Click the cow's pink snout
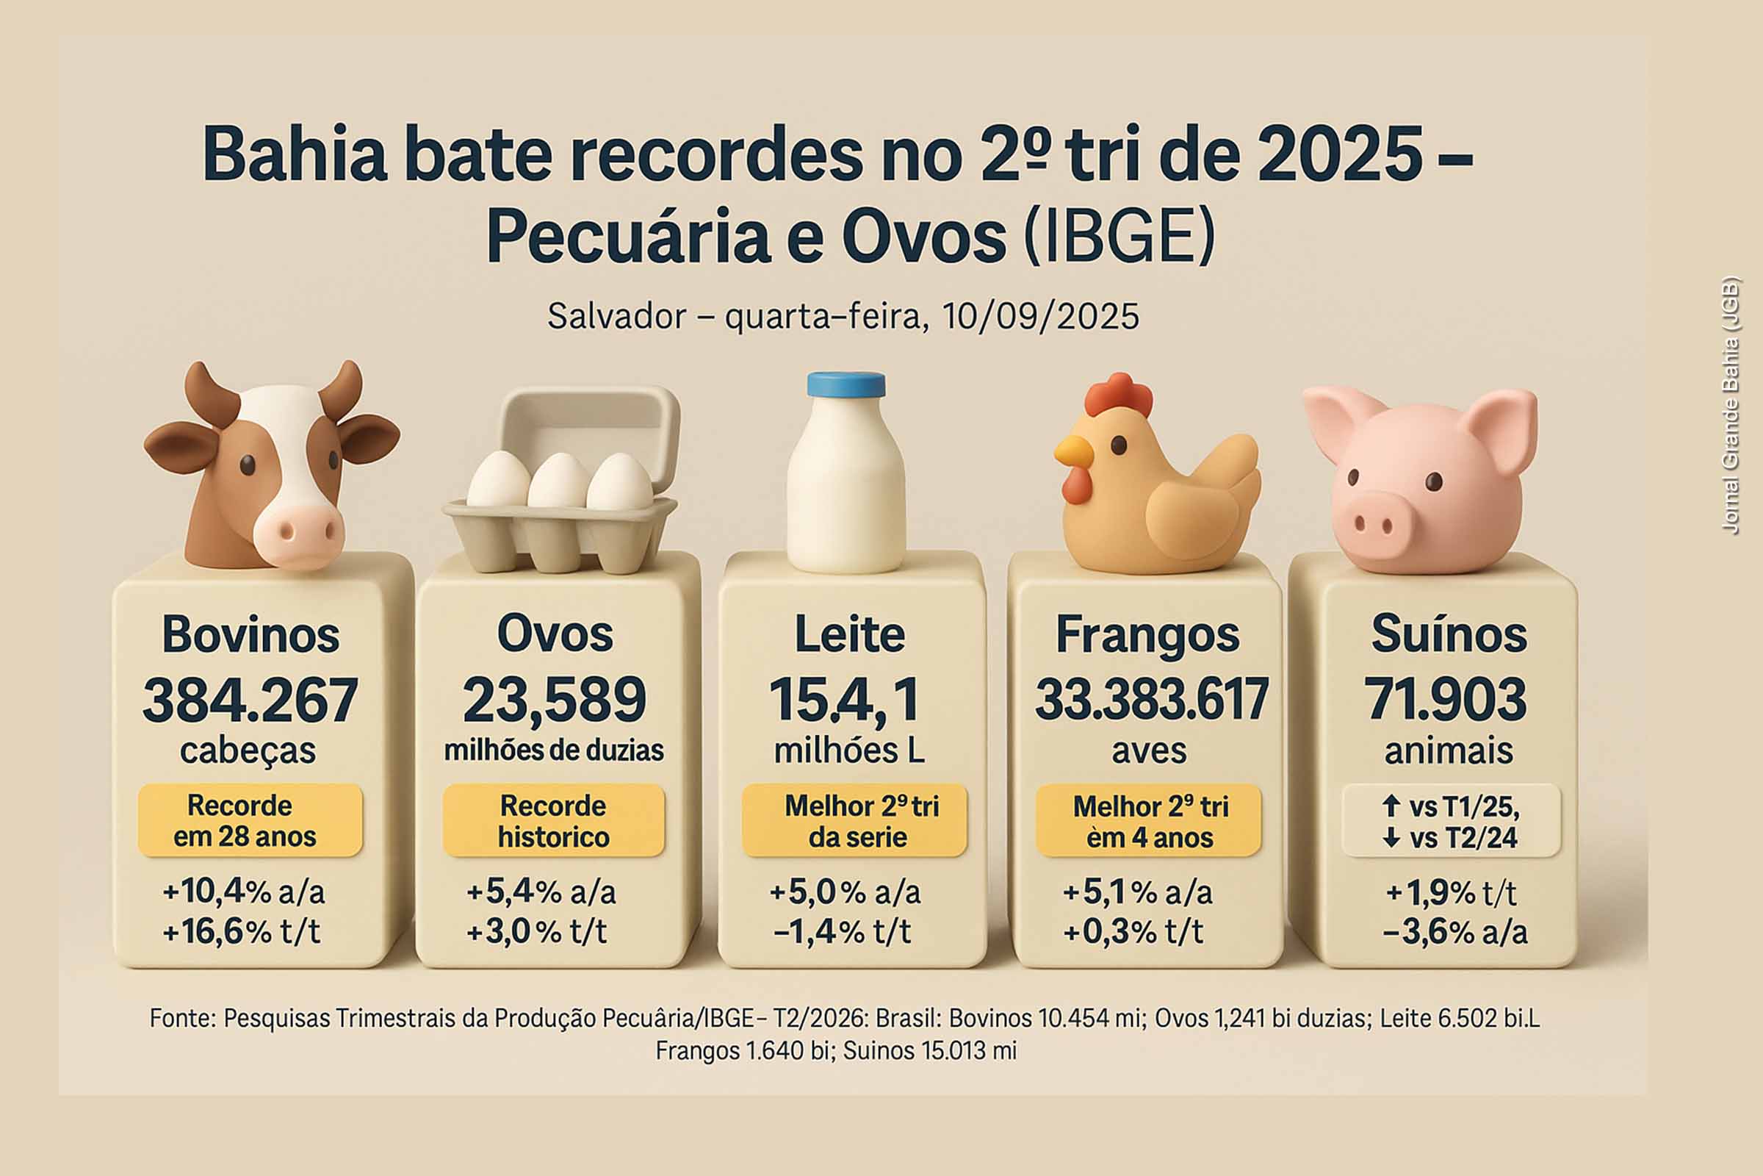click(298, 534)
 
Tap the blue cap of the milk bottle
click(846, 384)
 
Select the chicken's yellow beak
click(1072, 451)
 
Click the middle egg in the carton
click(558, 481)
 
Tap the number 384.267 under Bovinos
click(250, 700)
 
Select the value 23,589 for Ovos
click(554, 700)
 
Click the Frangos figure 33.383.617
click(1150, 700)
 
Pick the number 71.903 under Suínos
click(1447, 700)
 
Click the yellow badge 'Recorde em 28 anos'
click(250, 820)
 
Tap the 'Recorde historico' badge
click(553, 820)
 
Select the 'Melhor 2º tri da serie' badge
click(854, 821)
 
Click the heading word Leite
click(849, 634)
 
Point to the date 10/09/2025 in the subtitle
click(1040, 317)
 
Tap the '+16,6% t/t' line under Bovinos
click(242, 931)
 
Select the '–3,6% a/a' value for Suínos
click(1455, 932)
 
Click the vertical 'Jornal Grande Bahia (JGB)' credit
click(1730, 406)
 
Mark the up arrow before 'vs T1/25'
click(1391, 806)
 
